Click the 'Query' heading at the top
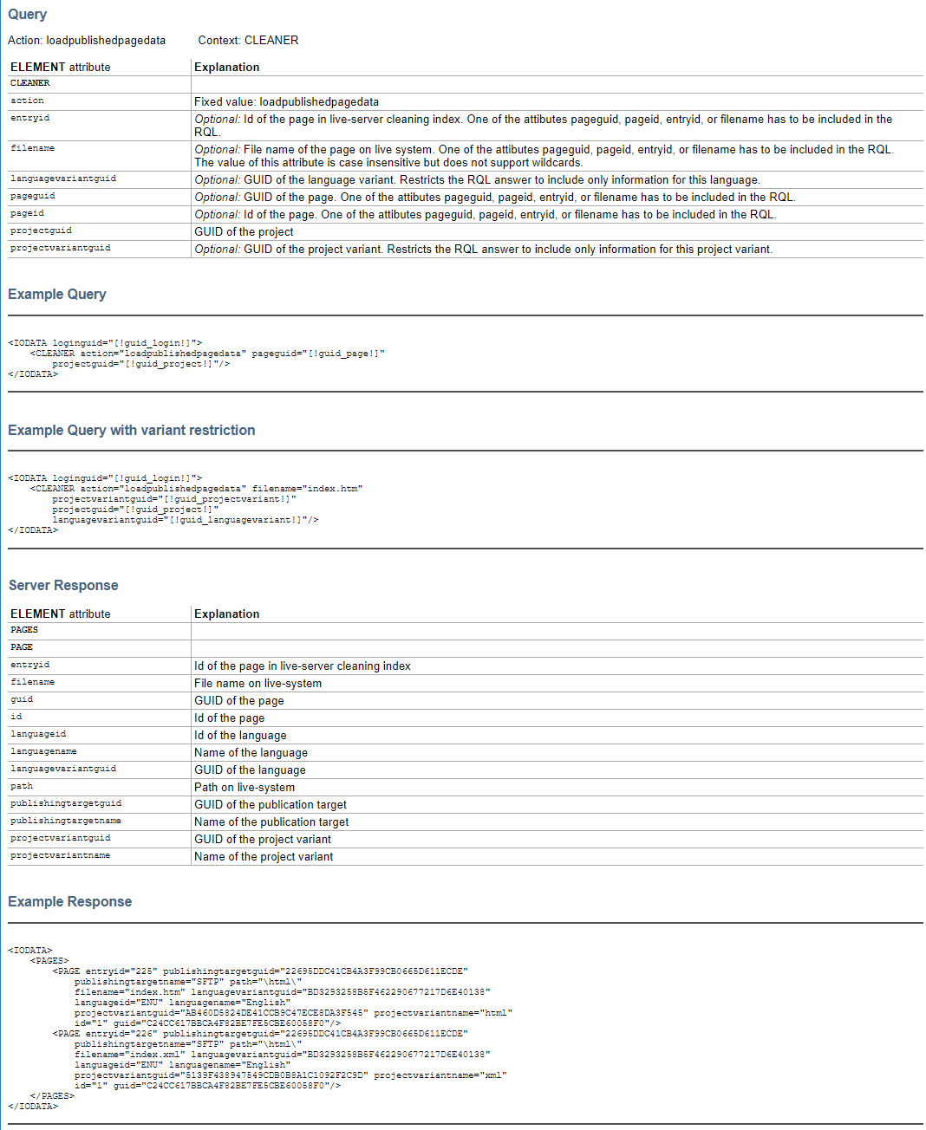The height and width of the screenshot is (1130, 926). click(x=28, y=15)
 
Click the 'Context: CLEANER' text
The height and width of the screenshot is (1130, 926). click(x=248, y=41)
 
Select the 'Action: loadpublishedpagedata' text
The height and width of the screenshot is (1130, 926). click(x=87, y=41)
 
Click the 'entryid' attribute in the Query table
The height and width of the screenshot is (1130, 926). click(x=30, y=118)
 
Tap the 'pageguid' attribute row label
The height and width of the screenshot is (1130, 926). click(x=33, y=196)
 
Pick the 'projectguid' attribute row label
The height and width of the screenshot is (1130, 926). click(x=41, y=231)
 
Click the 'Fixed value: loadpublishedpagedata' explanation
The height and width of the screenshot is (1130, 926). click(x=286, y=102)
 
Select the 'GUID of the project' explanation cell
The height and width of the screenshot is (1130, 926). click(x=244, y=232)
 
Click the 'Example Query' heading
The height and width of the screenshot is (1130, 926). click(x=57, y=295)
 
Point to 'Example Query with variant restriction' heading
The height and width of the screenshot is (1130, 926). click(x=132, y=431)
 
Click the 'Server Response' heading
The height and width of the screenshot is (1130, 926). click(x=63, y=586)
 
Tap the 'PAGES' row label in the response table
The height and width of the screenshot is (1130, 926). click(x=24, y=630)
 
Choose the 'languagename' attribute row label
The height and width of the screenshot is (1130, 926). click(x=43, y=751)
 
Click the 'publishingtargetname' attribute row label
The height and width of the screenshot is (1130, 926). click(x=66, y=821)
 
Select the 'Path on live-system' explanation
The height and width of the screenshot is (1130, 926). click(x=245, y=788)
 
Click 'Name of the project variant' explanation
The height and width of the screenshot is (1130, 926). click(x=264, y=857)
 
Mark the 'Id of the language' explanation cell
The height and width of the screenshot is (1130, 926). click(x=240, y=736)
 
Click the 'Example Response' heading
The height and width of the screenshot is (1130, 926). click(x=70, y=902)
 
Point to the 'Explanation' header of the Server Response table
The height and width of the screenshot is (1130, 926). click(x=226, y=614)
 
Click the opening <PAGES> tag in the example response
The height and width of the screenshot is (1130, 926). click(x=49, y=961)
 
